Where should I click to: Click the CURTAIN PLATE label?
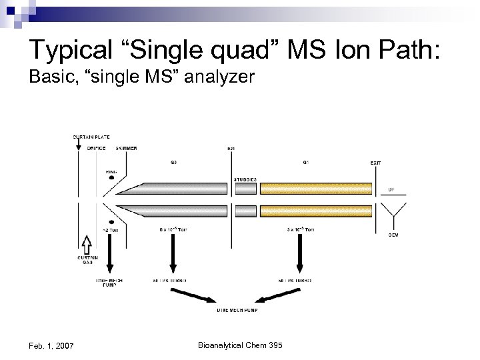(91, 137)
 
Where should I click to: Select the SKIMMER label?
(126, 148)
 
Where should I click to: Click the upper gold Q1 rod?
(316, 189)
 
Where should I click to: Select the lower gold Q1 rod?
(316, 211)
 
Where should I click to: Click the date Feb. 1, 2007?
(51, 345)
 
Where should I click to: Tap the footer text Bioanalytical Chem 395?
(241, 345)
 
